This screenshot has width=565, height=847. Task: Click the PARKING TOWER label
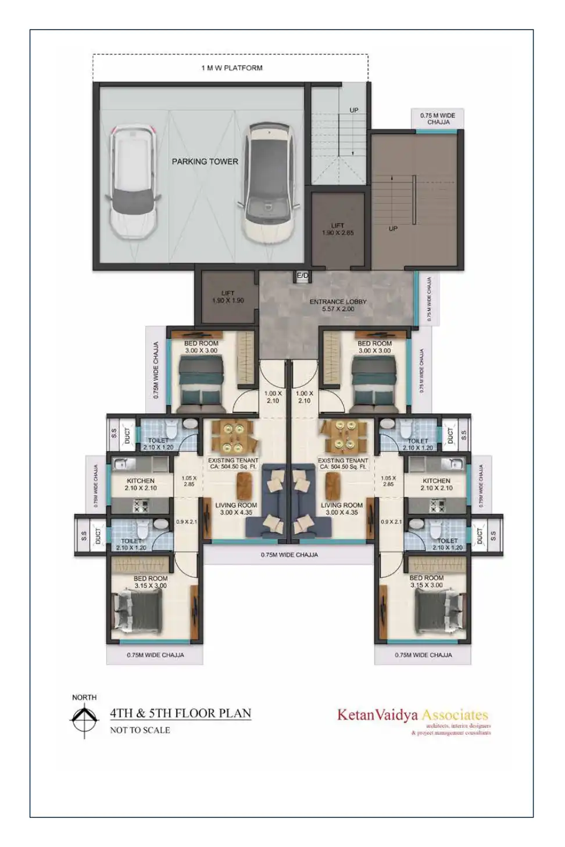(x=205, y=161)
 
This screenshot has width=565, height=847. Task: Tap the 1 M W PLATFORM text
(x=232, y=68)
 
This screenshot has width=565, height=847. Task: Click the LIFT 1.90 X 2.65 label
(x=338, y=229)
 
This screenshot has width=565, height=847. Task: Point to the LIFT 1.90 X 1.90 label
(x=228, y=297)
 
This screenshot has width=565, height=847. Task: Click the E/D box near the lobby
(x=302, y=276)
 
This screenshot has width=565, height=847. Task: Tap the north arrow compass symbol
(x=85, y=720)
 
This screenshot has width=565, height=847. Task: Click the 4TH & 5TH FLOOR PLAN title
(x=181, y=713)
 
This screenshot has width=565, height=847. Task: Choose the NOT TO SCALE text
(x=140, y=730)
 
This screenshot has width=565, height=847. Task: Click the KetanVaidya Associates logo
(x=413, y=715)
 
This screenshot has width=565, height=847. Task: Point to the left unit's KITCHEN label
(x=141, y=484)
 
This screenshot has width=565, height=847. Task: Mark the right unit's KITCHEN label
(x=437, y=484)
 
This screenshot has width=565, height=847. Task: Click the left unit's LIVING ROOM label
(x=236, y=509)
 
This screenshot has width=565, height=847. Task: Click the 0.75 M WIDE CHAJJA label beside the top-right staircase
(x=438, y=119)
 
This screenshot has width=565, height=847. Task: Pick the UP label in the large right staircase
(x=393, y=228)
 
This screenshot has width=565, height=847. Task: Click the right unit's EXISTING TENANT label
(x=343, y=463)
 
